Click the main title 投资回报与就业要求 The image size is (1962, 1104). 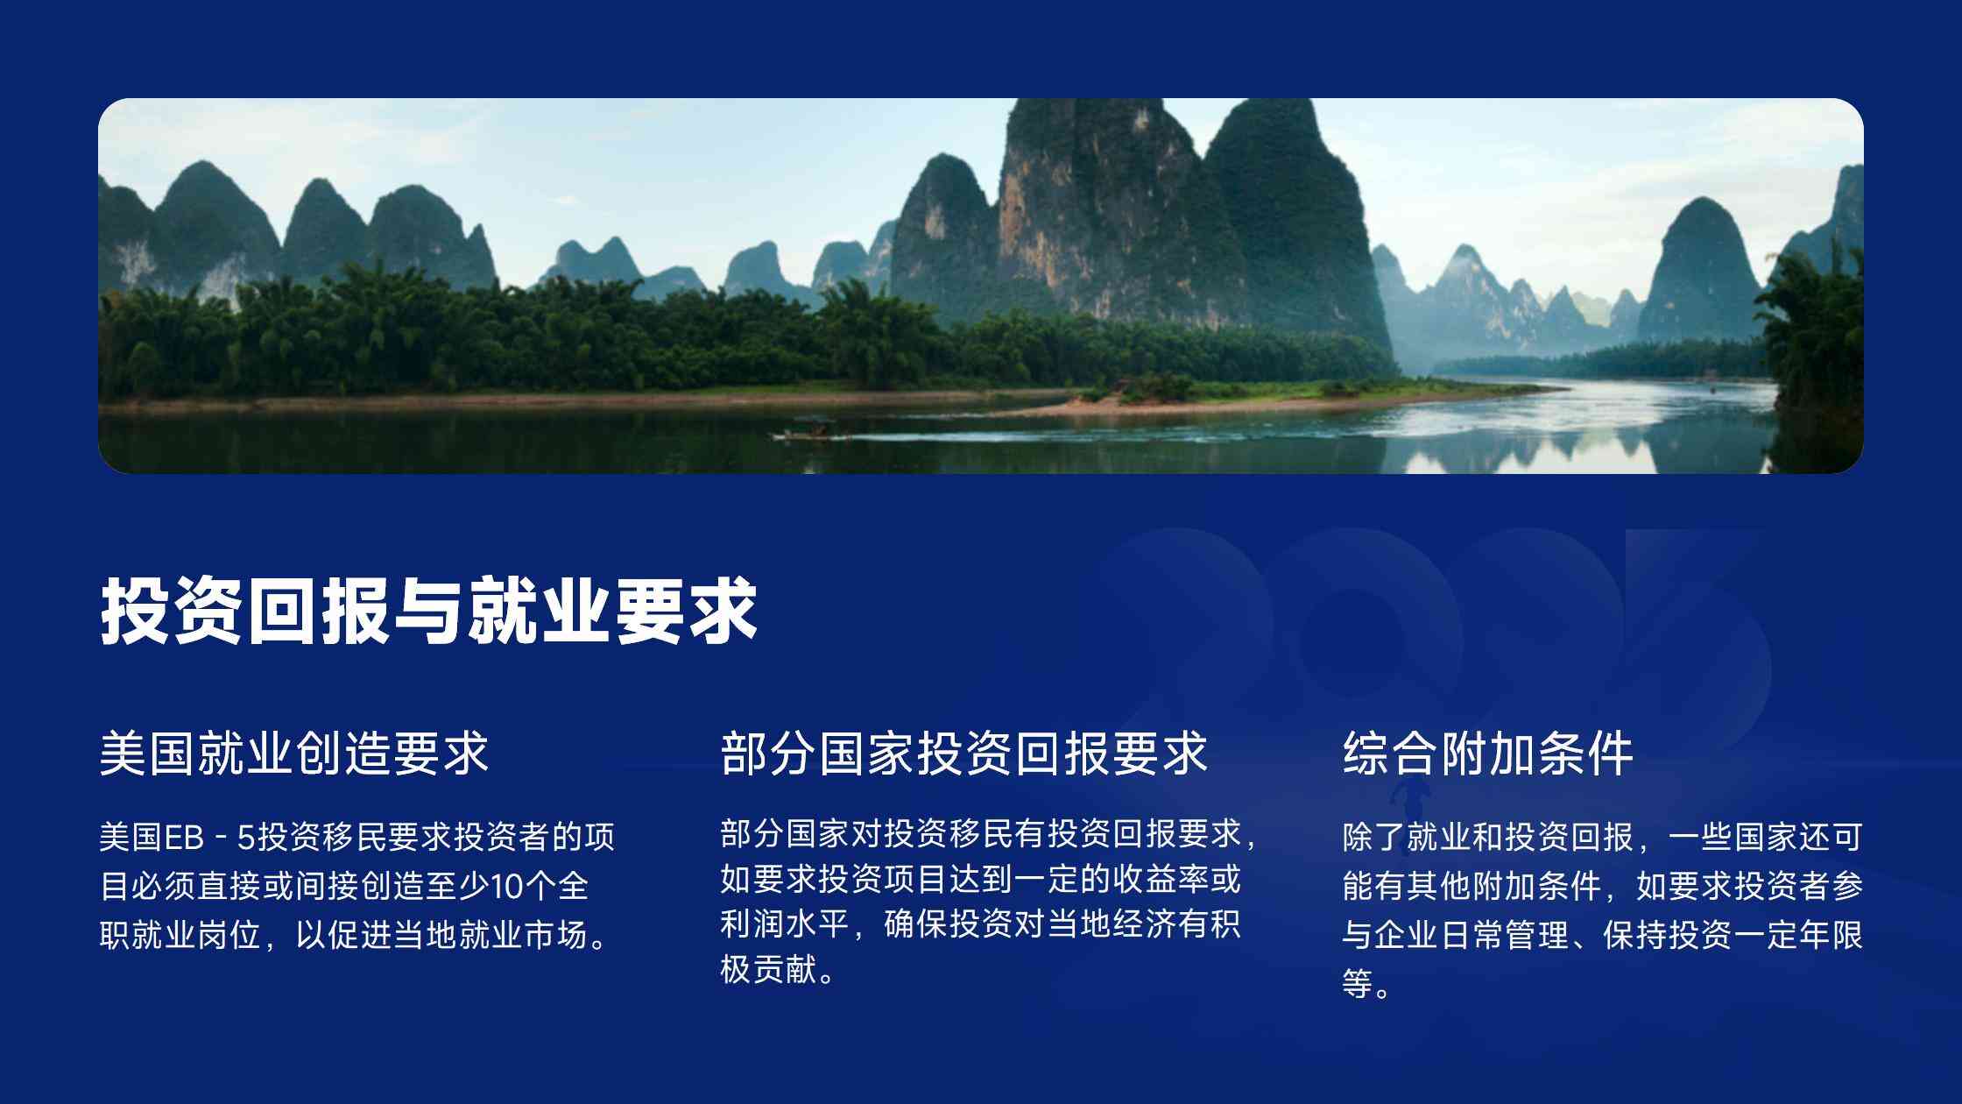click(x=428, y=611)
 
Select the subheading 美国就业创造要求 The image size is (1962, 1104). click(x=293, y=753)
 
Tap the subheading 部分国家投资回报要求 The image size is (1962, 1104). click(x=963, y=753)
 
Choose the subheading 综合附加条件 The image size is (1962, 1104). click(x=1488, y=753)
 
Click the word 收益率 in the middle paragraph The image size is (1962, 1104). click(x=1160, y=879)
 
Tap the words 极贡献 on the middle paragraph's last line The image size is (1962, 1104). click(x=769, y=969)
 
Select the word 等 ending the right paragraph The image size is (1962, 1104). click(x=1358, y=984)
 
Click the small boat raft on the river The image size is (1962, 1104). click(x=810, y=432)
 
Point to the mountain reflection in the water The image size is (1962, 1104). click(x=1577, y=442)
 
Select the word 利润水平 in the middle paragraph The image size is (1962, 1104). click(x=785, y=924)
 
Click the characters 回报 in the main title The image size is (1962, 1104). click(x=318, y=611)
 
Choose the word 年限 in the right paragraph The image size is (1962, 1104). click(x=1831, y=935)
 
